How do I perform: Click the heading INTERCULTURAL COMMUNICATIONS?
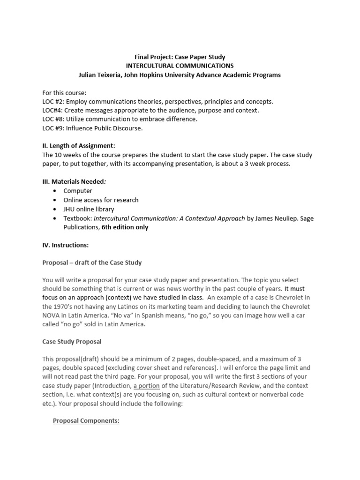[180, 66]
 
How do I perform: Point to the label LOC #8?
[54, 119]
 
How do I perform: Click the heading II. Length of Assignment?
[78, 146]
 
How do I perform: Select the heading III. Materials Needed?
[77, 181]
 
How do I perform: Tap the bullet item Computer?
[78, 191]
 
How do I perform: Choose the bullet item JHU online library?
[89, 209]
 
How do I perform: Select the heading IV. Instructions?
[65, 245]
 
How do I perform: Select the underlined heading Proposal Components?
[86, 421]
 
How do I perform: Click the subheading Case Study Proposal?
[72, 342]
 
